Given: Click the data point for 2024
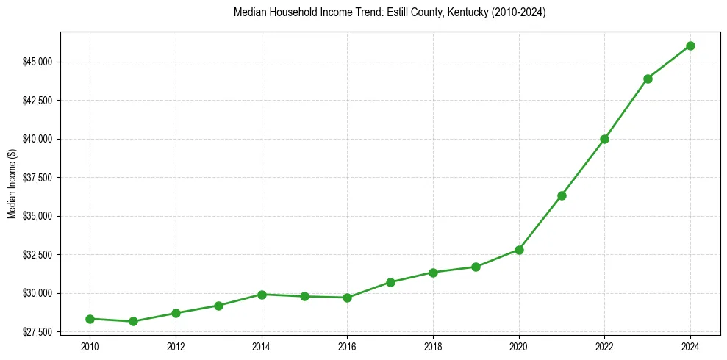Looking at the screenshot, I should (690, 46).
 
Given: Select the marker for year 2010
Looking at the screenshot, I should (90, 319).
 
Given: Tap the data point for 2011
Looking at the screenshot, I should (133, 321).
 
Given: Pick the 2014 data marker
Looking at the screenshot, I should (262, 294).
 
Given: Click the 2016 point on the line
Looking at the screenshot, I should (347, 298).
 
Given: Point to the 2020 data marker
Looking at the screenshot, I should (519, 250).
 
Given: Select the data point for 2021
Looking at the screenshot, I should (562, 195).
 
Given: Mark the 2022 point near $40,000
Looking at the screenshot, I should (604, 139).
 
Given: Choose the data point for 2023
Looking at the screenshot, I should (648, 79).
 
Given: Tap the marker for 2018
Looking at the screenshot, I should (433, 273).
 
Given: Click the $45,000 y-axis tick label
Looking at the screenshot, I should (37, 62).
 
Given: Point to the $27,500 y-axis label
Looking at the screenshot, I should (37, 332).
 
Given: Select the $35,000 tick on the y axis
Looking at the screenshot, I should (37, 216).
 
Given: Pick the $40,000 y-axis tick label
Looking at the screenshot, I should (37, 139).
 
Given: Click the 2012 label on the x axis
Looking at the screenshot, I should (176, 346).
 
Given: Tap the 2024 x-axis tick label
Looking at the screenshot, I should (690, 346).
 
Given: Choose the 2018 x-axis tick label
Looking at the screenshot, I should (433, 346).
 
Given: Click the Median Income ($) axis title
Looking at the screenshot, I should (12, 183).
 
